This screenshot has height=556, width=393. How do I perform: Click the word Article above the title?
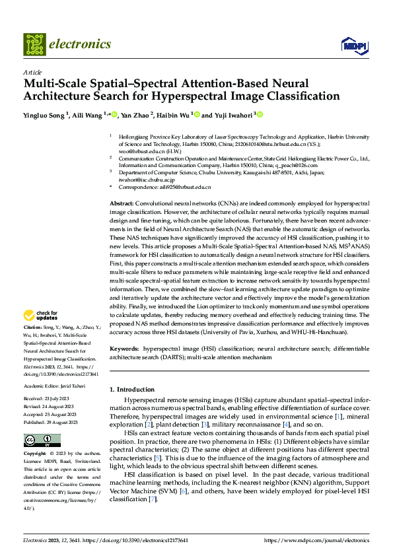[32, 72]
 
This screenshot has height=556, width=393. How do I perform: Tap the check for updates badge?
[43, 316]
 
